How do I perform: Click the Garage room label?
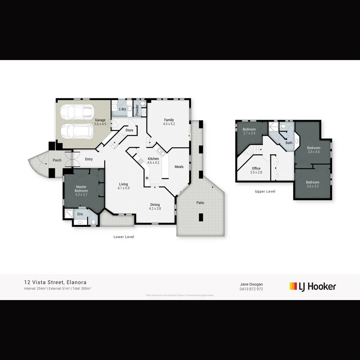[x=100, y=120]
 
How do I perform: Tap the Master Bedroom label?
[x=82, y=189]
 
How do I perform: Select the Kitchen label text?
[x=153, y=159]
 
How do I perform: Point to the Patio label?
[x=200, y=203]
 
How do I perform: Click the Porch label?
[x=57, y=161]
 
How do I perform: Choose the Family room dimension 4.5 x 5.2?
[x=169, y=124]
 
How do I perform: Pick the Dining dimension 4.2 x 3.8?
[x=155, y=208]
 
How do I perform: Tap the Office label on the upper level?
[x=256, y=168]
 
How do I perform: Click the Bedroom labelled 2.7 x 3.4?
[x=249, y=134]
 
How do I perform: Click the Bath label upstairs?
[x=289, y=143]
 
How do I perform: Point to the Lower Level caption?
[x=124, y=237]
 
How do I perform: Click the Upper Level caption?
[x=265, y=192]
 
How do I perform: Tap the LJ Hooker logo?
[x=313, y=286]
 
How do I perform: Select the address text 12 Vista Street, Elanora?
[x=55, y=282]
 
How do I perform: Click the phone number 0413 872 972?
[x=251, y=289]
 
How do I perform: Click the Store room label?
[x=129, y=130]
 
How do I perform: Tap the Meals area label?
[x=179, y=167]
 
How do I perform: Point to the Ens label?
[x=80, y=214]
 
